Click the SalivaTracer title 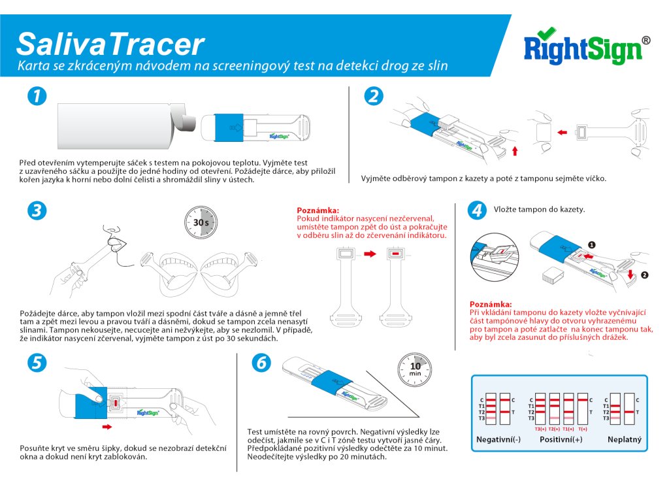click(x=110, y=43)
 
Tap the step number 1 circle click(x=37, y=96)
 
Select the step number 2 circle click(x=374, y=96)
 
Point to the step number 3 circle click(x=37, y=210)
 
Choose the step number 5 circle click(x=37, y=363)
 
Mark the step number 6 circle click(x=261, y=363)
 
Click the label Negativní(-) click(x=498, y=439)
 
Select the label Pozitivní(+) click(x=561, y=439)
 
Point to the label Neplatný click(x=625, y=439)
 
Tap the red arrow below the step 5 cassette click(x=107, y=426)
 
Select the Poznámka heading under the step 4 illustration click(x=491, y=304)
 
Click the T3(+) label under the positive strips click(x=540, y=429)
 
